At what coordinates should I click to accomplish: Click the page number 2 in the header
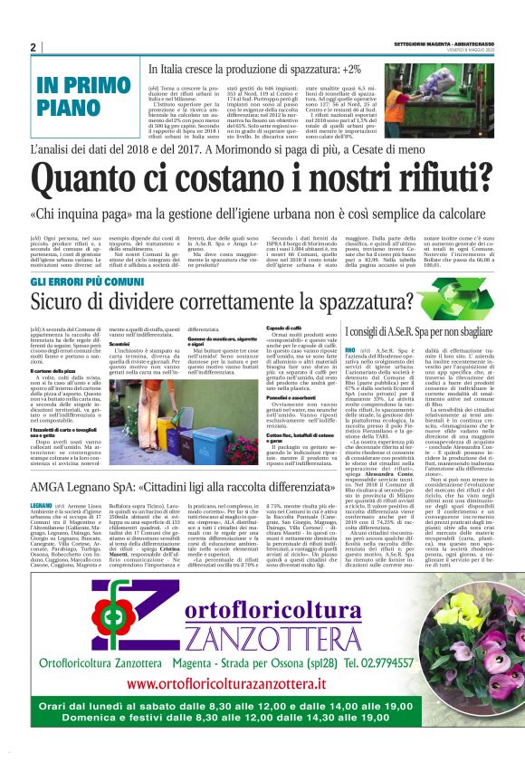33,48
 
